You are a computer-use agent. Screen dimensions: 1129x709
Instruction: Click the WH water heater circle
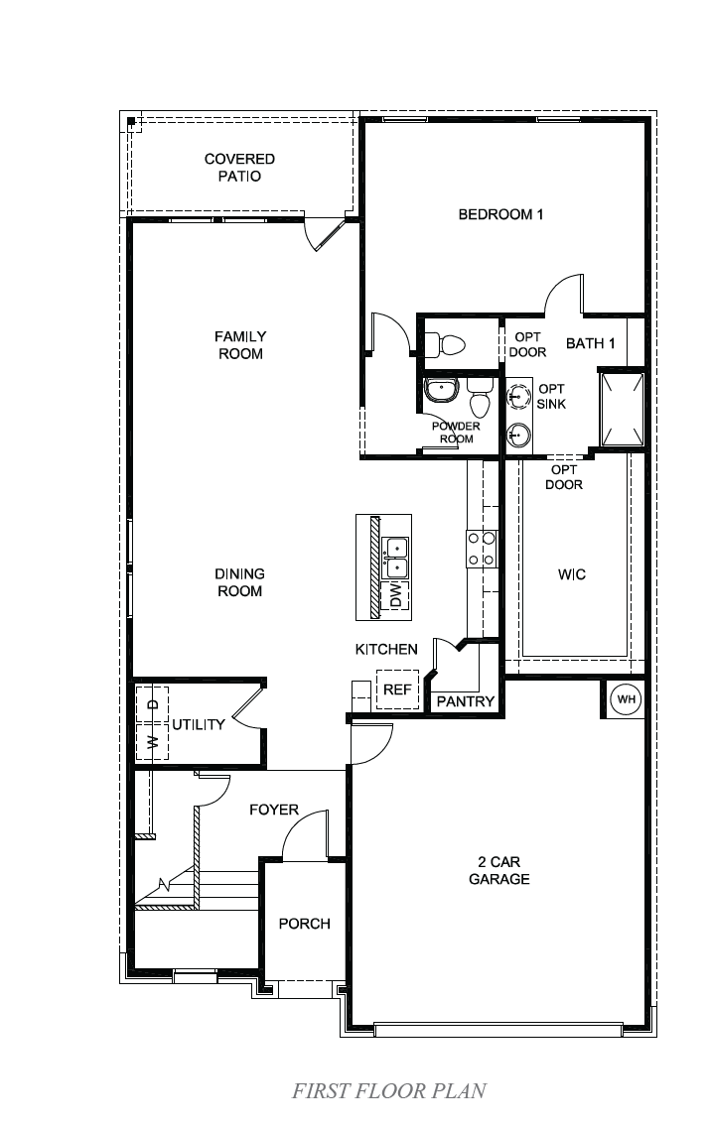pyautogui.click(x=627, y=699)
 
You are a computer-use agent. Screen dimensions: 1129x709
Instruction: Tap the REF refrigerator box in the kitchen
pyautogui.click(x=396, y=690)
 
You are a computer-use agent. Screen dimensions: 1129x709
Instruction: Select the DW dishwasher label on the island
pyautogui.click(x=396, y=596)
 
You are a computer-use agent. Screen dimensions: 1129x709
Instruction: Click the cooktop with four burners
pyautogui.click(x=482, y=549)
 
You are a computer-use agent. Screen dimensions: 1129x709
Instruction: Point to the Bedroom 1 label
pyautogui.click(x=500, y=214)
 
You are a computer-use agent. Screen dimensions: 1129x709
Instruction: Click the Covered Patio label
pyautogui.click(x=239, y=168)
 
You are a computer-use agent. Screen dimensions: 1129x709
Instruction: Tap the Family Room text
pyautogui.click(x=239, y=345)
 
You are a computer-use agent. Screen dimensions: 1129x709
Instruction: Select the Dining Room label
pyautogui.click(x=239, y=582)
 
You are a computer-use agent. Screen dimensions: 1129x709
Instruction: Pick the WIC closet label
pyautogui.click(x=572, y=574)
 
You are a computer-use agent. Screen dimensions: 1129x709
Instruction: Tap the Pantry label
pyautogui.click(x=466, y=701)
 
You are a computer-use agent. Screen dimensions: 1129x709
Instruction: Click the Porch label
pyautogui.click(x=304, y=924)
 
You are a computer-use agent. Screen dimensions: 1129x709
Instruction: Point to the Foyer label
pyautogui.click(x=274, y=810)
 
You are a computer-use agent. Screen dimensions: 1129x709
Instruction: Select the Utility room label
pyautogui.click(x=199, y=725)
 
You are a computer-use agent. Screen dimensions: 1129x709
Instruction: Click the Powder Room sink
pyautogui.click(x=440, y=390)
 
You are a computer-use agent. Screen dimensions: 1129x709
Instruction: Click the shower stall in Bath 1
pyautogui.click(x=623, y=409)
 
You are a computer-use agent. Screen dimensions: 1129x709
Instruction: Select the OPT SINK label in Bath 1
pyautogui.click(x=551, y=396)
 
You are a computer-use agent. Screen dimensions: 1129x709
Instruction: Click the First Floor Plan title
pyautogui.click(x=389, y=1091)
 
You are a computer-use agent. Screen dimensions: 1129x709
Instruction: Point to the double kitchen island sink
pyautogui.click(x=395, y=557)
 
